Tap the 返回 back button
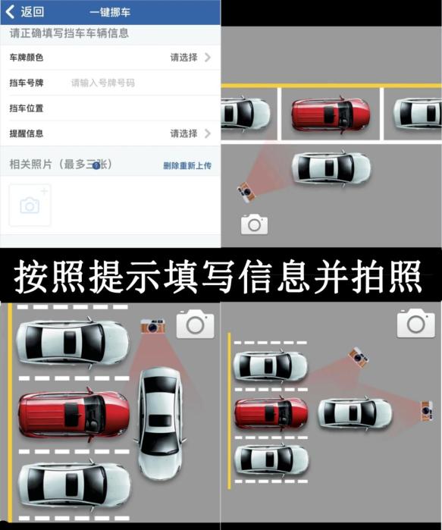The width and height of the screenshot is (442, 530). tap(25, 12)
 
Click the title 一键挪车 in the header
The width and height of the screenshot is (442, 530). tap(110, 12)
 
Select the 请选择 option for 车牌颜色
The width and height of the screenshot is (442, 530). tap(190, 58)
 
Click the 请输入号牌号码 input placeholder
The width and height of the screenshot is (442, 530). tap(102, 83)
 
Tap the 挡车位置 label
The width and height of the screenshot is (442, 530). tap(27, 108)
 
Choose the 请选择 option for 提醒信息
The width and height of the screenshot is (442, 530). tap(190, 133)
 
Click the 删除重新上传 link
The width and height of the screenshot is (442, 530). tap(187, 165)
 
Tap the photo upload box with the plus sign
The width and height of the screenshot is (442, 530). tap(30, 205)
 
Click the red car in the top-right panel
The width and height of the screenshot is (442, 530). tap(331, 114)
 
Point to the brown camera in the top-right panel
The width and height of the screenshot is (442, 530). tap(246, 192)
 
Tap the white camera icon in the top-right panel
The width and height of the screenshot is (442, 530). tap(255, 224)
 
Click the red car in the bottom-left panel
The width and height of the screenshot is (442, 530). tap(74, 414)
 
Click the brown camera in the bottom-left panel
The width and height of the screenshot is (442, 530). tap(152, 326)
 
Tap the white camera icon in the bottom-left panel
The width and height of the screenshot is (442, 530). tap(196, 324)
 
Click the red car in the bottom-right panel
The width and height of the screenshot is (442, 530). tap(271, 413)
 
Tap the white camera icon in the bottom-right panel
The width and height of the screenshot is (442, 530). tap(416, 323)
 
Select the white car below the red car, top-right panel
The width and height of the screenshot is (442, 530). tap(331, 168)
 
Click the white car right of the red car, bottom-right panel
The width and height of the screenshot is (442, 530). tap(355, 414)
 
